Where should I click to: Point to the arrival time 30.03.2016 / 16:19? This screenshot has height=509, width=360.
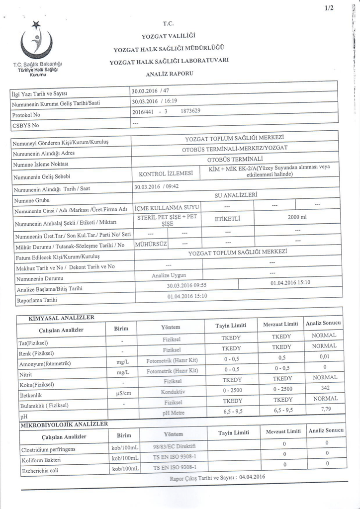[152, 101]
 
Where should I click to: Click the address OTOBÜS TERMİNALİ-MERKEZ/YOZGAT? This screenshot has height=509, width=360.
[235, 148]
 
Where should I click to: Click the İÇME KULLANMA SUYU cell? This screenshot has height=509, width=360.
[166, 205]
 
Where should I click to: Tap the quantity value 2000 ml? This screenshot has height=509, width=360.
[297, 217]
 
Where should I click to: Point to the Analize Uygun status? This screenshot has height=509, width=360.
[169, 275]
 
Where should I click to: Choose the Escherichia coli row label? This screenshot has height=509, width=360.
[40, 470]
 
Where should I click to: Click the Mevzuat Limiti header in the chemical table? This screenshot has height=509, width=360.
[281, 324]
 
